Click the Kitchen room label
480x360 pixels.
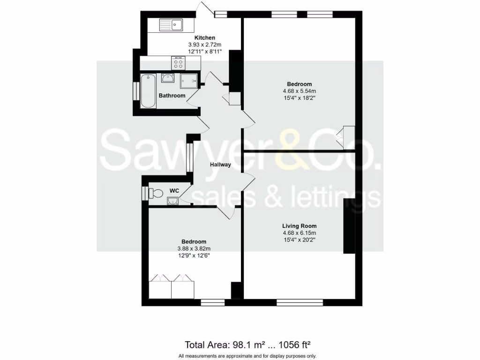[x=205, y=38]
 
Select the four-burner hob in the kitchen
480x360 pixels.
[x=179, y=63]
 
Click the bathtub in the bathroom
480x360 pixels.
[x=148, y=90]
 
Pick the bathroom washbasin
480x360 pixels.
[x=168, y=78]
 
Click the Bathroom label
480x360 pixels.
[x=172, y=96]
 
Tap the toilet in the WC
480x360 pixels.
[x=155, y=193]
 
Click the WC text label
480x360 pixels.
[x=174, y=191]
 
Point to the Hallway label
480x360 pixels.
[x=220, y=165]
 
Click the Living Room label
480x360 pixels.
[x=300, y=226]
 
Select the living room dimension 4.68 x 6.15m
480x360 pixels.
[x=300, y=233]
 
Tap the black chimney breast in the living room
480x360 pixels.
[x=349, y=226]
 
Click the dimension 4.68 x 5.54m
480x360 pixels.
[x=300, y=91]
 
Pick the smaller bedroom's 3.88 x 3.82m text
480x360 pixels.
[x=194, y=249]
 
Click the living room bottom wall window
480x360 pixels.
[x=299, y=302]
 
